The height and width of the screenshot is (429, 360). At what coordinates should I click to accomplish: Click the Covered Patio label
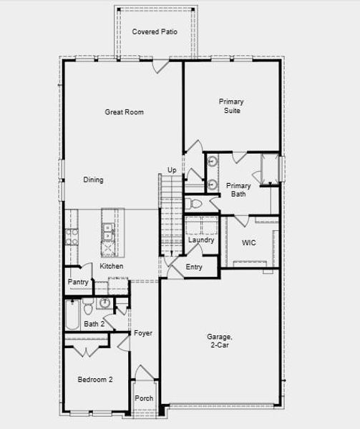point(154,32)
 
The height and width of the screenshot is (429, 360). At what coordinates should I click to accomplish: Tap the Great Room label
point(125,112)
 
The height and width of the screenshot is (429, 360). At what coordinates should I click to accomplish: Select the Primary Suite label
point(230,107)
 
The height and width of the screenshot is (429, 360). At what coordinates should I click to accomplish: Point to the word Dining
point(93,180)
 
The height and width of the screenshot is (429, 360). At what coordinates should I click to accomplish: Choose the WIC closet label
point(248,243)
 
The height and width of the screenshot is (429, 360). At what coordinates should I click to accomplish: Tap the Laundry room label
point(201,240)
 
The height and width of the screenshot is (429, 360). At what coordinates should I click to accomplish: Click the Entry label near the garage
point(194,267)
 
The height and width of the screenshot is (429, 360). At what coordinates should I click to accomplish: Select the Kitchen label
point(112,267)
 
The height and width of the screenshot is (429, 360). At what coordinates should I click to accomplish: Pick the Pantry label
point(78,282)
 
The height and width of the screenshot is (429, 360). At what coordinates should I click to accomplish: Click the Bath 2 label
point(94,324)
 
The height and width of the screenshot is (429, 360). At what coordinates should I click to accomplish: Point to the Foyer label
point(142,333)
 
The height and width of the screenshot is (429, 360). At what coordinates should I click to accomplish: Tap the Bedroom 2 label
point(95,379)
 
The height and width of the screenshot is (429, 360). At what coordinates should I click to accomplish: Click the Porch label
point(144,398)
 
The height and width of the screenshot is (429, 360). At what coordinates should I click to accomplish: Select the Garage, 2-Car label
point(219,341)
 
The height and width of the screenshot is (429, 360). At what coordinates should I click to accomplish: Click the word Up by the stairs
point(172,169)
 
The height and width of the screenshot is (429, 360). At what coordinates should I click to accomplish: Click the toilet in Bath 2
point(87,309)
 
